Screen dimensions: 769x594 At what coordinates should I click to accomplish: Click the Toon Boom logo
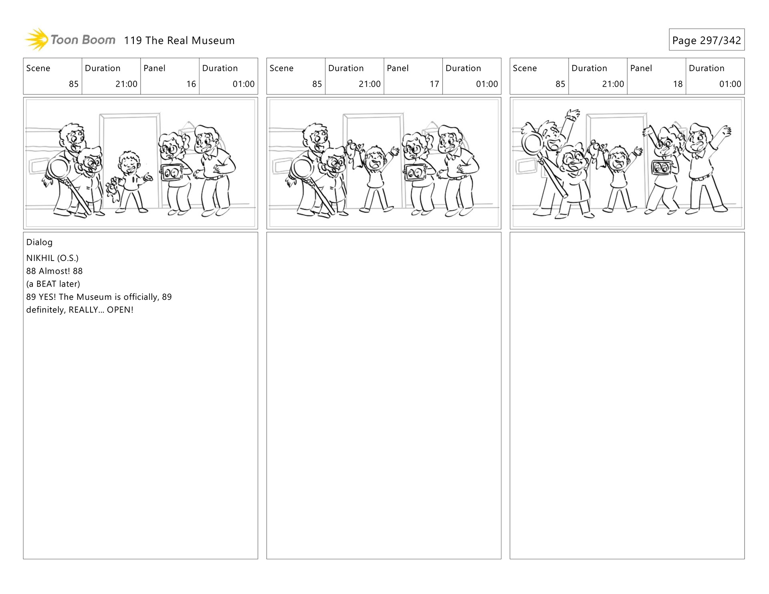70,40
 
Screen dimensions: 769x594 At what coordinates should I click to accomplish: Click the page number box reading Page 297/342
707,40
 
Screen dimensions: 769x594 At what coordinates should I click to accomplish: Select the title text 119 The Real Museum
179,40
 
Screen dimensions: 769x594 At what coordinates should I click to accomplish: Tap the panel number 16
191,84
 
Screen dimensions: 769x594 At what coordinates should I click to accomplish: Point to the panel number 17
434,84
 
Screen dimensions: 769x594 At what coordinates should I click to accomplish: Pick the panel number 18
678,84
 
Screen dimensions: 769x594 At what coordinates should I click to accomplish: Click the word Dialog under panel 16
39,242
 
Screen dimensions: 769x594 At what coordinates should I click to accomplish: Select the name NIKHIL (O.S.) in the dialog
52,258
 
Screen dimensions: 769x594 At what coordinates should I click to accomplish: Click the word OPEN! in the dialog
120,310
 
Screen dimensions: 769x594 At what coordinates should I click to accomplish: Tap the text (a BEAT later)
53,284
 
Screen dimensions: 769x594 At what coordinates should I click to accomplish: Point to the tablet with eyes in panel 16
171,173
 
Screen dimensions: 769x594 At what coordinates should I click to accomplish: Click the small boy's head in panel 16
129,161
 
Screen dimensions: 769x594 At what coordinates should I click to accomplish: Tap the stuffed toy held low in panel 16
114,189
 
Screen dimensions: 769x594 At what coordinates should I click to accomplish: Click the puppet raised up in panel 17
354,154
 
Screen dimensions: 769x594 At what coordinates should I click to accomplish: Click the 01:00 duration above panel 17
487,84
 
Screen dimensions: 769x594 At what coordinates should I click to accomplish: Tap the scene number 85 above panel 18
560,84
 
